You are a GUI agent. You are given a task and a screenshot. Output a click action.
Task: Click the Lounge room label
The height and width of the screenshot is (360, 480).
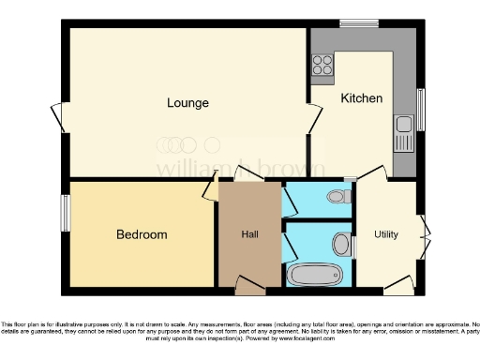coord(187,102)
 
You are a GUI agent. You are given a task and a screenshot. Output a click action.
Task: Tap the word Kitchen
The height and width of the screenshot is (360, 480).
coord(361,97)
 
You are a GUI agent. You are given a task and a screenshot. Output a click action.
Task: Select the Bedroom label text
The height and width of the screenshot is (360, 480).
coord(142,234)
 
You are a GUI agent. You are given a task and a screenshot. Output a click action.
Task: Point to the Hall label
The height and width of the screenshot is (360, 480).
coord(249,234)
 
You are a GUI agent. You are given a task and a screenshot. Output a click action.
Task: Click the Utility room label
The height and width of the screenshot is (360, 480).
coord(386,233)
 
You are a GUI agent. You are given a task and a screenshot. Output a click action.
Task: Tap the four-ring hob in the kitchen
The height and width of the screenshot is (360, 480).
coord(323,65)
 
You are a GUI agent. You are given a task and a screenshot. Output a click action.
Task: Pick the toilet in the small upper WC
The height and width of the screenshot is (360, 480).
coord(340,197)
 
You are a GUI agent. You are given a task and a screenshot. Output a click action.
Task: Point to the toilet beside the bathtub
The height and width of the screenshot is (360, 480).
coord(341,245)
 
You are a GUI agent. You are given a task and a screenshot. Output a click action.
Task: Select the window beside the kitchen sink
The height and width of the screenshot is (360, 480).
coord(421,110)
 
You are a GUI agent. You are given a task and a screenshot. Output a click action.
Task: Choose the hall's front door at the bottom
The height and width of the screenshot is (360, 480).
coord(249,284)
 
